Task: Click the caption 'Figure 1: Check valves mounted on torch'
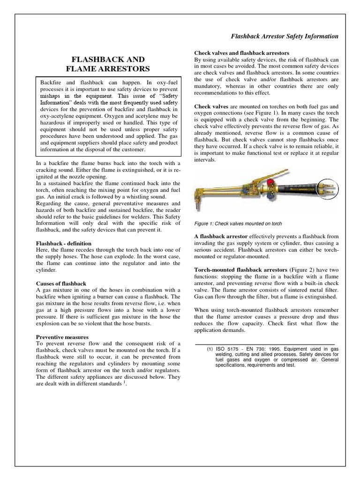pos(238,224)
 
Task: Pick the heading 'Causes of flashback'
pos(61,284)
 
